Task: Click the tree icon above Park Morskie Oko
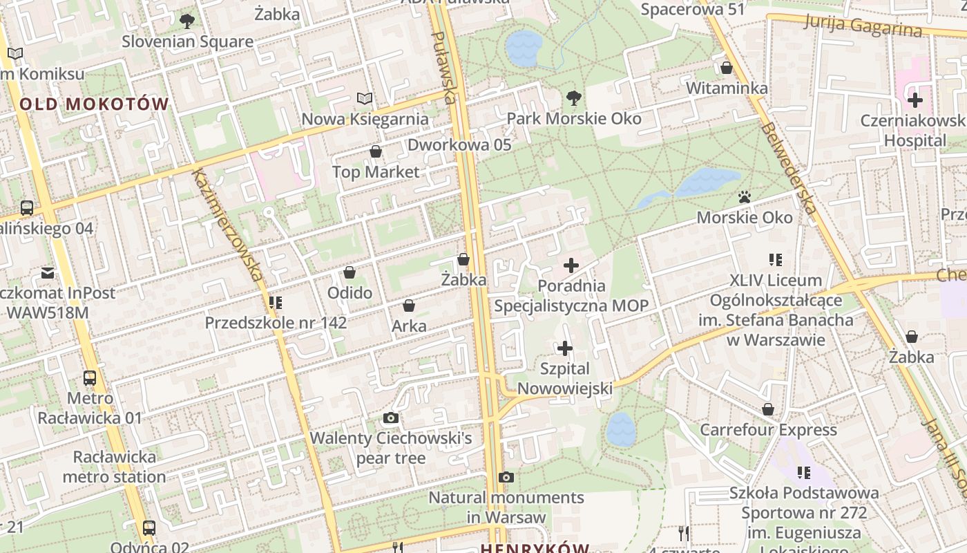(x=573, y=97)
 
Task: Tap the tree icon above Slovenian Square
(x=186, y=21)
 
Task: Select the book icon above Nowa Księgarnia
(x=364, y=99)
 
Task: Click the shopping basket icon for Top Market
(x=376, y=151)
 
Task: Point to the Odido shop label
(x=350, y=292)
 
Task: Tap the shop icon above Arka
(x=409, y=306)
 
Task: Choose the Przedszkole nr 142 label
(x=276, y=323)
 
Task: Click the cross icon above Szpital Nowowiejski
(x=565, y=348)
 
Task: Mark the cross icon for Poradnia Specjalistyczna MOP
(x=571, y=265)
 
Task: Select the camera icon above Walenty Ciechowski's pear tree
(x=390, y=418)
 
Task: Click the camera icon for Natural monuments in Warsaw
(x=506, y=477)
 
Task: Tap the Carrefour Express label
(x=768, y=430)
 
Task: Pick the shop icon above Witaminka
(x=727, y=68)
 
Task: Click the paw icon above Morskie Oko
(x=744, y=198)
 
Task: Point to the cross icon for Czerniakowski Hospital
(x=915, y=100)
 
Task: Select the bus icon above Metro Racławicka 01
(x=90, y=378)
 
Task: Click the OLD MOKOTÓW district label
(x=94, y=104)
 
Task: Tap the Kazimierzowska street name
(x=229, y=225)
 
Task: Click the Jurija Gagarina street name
(x=863, y=25)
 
